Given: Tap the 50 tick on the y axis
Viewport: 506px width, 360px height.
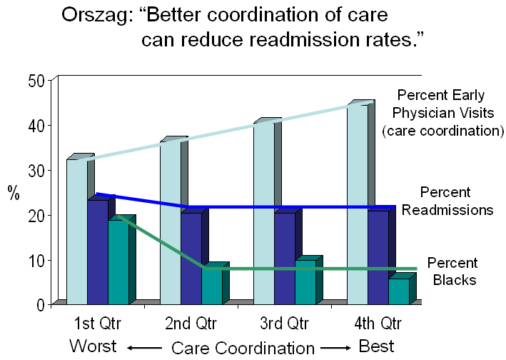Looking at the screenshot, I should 36,80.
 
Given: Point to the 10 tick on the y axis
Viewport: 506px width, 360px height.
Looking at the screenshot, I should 36,260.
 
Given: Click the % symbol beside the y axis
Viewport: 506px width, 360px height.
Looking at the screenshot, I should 14,193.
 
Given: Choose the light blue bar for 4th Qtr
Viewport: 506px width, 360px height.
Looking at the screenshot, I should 358,204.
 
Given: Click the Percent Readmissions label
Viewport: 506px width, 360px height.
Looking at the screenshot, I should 446,201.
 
